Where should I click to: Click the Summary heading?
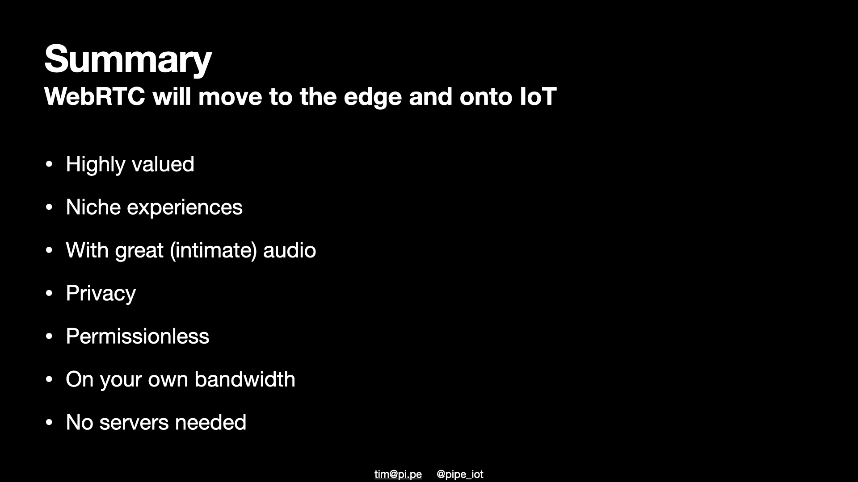pos(128,59)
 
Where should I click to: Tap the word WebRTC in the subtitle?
pos(95,96)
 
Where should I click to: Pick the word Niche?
pos(93,207)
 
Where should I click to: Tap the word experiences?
pos(185,208)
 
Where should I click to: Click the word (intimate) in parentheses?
pos(213,250)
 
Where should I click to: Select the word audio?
pos(290,250)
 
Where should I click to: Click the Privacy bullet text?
pos(101,294)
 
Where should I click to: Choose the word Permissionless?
pos(137,337)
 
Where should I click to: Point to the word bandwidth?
pos(245,379)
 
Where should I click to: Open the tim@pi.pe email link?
pos(398,474)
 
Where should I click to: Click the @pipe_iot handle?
pos(460,474)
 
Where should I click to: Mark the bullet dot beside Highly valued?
pos(49,164)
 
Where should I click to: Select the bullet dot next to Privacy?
pos(49,294)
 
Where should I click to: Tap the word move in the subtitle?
pos(230,97)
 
